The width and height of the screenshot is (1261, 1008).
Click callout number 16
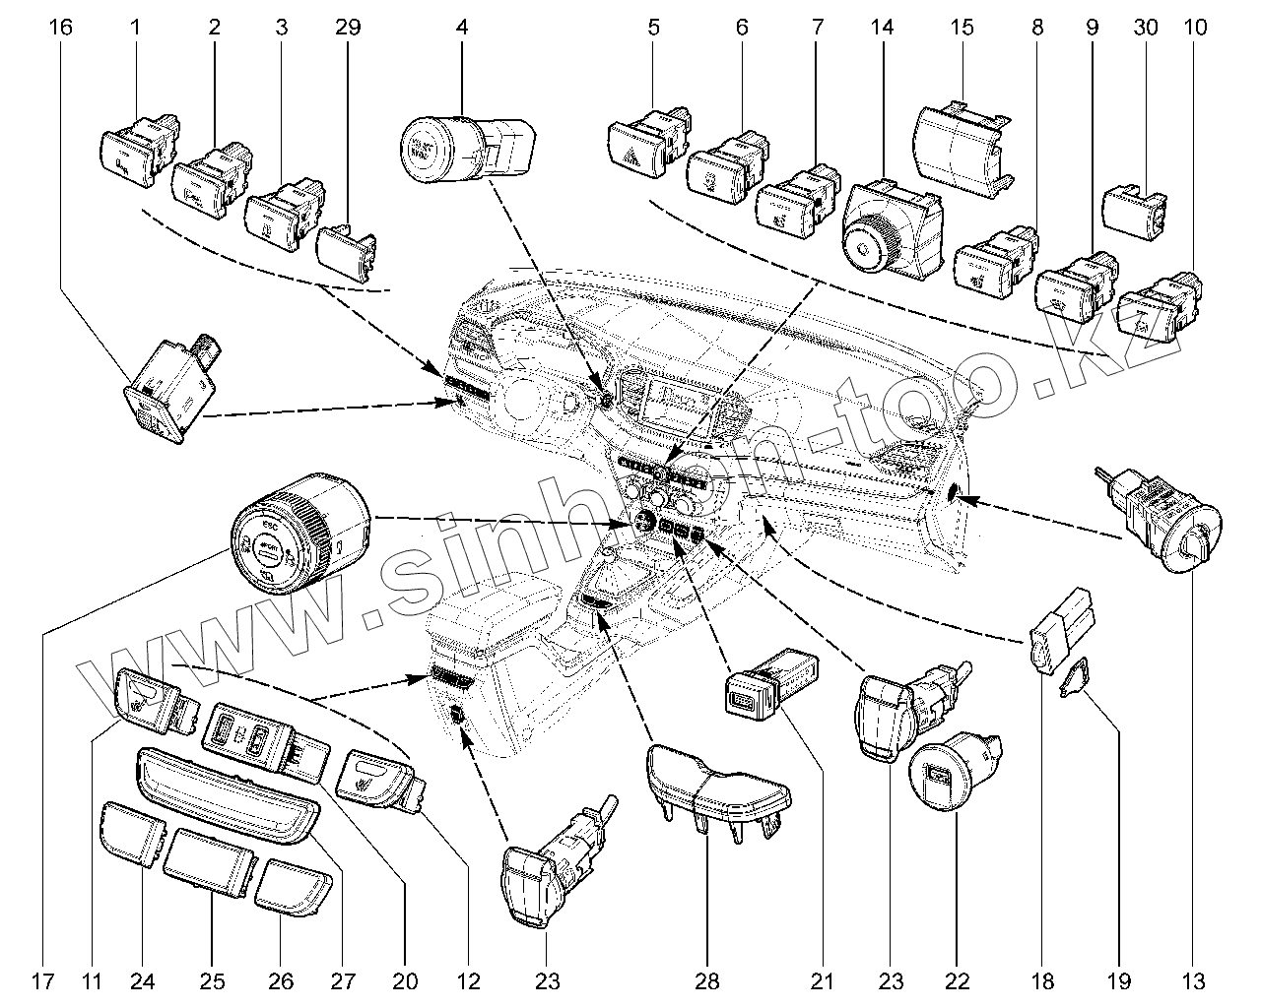click(60, 28)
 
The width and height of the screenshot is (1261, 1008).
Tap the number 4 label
click(461, 28)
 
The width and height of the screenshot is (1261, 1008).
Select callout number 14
click(882, 28)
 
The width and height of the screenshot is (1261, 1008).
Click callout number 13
click(1195, 980)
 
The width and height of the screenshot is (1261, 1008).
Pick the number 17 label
click(40, 980)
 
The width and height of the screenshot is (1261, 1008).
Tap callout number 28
click(706, 980)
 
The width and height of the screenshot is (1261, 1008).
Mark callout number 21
click(823, 980)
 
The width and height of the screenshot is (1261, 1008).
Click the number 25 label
click(213, 980)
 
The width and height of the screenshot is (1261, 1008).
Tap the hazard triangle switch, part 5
click(640, 148)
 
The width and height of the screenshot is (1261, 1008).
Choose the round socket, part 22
click(946, 783)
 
